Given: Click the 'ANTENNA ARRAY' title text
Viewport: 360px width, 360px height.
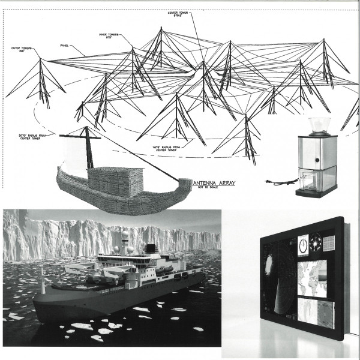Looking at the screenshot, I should click(x=216, y=182).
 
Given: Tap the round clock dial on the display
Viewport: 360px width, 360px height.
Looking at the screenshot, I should click(x=304, y=245).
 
